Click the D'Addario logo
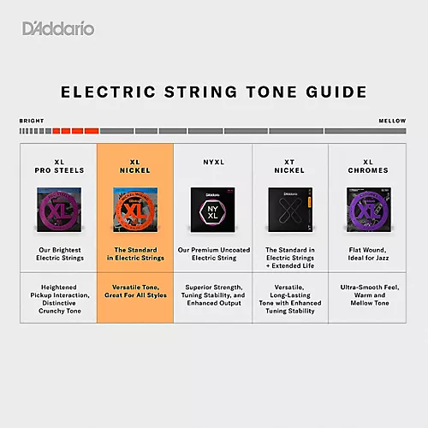coord(59,29)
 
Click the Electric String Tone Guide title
coord(213,92)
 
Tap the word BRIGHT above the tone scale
coord(32,121)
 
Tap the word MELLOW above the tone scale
coord(392,121)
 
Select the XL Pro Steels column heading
coord(58,165)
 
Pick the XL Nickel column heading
coord(135,165)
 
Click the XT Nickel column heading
coord(290,165)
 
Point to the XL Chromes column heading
coord(368,165)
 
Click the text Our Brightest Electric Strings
coord(58,254)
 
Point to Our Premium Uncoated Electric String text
coord(212,254)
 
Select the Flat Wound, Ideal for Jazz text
coord(368,254)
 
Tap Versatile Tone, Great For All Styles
coord(135,291)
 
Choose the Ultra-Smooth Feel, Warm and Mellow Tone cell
coord(368,296)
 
